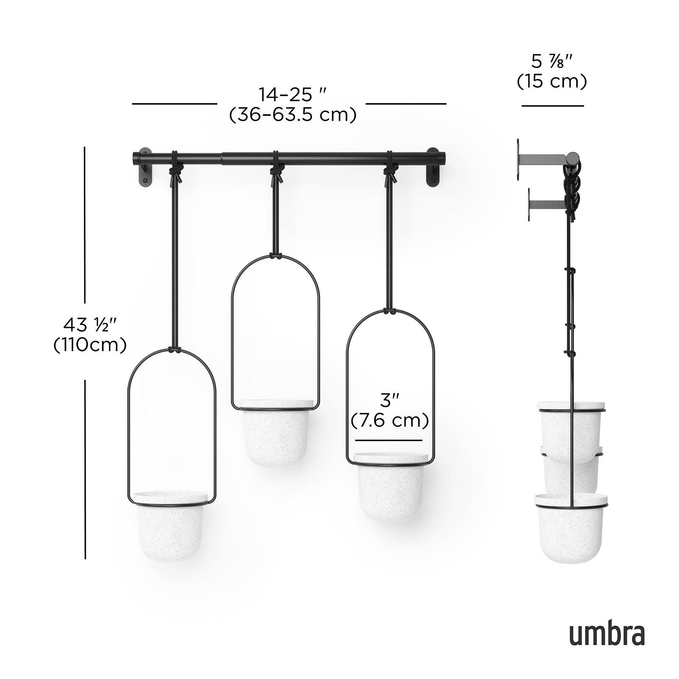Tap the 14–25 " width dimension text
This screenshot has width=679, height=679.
tap(293, 94)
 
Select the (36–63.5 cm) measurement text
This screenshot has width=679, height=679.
tap(293, 115)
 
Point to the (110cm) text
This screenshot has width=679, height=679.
tap(90, 345)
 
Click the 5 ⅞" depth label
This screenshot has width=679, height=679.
tap(552, 62)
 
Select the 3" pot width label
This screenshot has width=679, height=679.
tap(390, 400)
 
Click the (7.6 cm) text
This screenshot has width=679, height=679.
tap(390, 421)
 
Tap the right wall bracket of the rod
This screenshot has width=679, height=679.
tap(433, 170)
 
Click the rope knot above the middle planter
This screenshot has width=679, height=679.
tap(276, 171)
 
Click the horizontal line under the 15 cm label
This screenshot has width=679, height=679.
tap(553, 106)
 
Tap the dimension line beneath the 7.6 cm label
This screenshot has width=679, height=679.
tap(389, 440)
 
